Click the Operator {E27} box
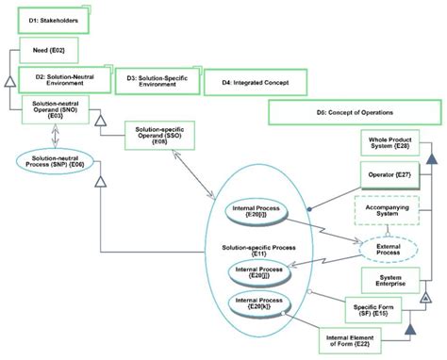pos(387,175)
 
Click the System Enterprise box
pos(387,280)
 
